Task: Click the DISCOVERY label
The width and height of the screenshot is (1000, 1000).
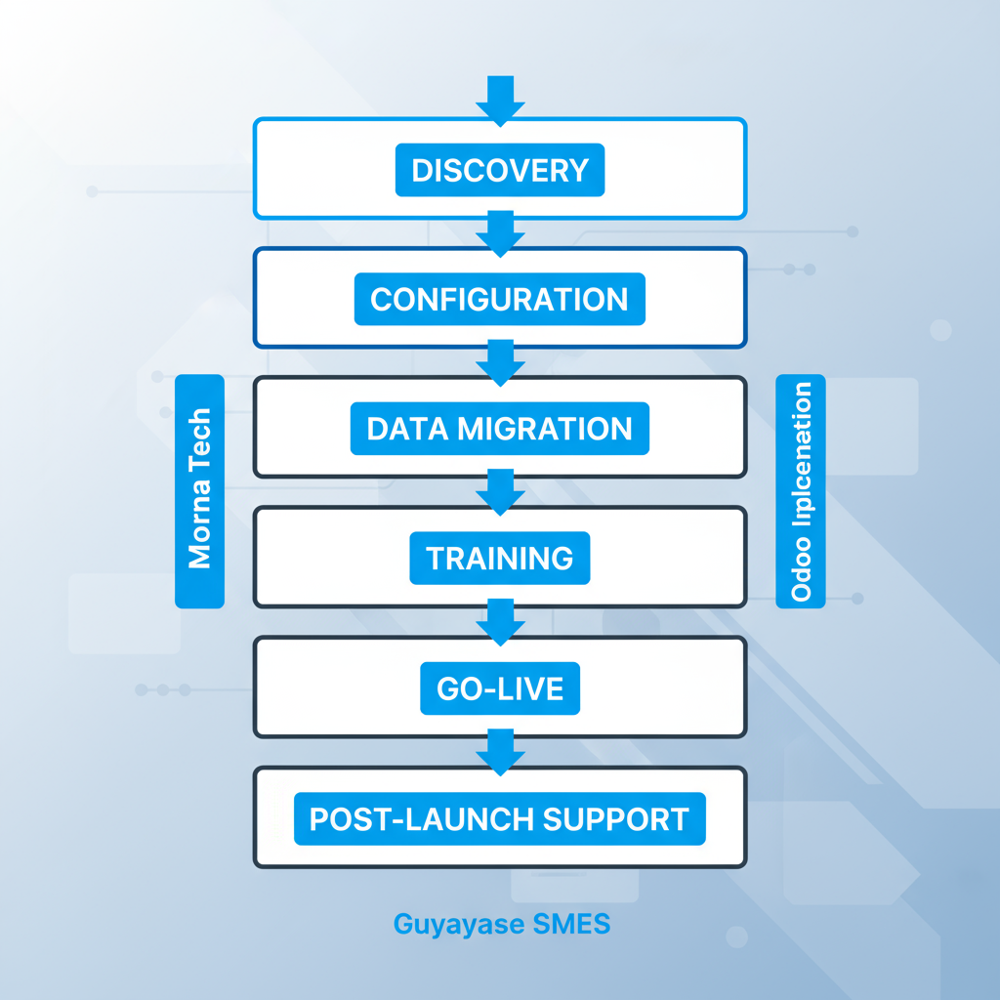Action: point(500,170)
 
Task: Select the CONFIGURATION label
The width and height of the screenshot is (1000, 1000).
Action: point(499,299)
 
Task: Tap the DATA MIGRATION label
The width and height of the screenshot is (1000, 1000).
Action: point(499,429)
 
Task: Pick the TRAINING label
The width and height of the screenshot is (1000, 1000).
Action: point(499,559)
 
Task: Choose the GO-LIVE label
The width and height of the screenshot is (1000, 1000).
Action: point(500,688)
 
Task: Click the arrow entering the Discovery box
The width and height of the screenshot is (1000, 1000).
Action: point(500,99)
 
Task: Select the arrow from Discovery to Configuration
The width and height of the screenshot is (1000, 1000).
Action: point(500,232)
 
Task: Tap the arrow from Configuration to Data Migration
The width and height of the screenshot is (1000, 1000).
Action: point(500,361)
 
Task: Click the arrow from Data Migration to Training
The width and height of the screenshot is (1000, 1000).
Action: point(500,491)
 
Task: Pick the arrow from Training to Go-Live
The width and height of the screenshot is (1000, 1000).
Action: point(500,621)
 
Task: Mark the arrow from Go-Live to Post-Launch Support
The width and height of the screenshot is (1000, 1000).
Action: point(500,751)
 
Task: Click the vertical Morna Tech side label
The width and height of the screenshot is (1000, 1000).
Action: point(199,491)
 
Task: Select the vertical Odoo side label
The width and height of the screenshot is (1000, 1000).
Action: point(801,491)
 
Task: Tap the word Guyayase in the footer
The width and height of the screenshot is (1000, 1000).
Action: point(451,923)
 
